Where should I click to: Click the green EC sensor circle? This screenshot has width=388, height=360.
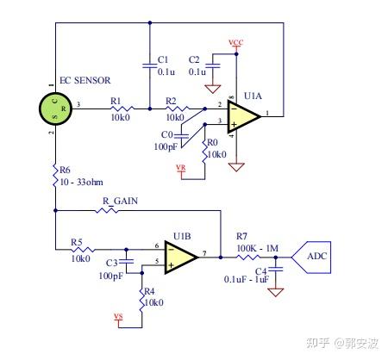point(53,109)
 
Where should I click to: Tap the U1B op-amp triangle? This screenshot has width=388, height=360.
point(181,256)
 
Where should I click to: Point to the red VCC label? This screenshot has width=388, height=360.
point(235,42)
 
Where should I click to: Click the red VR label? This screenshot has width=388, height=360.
point(180,167)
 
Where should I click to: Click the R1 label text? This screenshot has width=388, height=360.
point(116,99)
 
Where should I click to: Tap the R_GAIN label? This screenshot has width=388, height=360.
point(120,202)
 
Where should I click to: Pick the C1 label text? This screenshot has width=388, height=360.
point(163,59)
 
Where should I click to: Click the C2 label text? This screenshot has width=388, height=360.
point(193,59)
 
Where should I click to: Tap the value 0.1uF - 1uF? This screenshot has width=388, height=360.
point(248,279)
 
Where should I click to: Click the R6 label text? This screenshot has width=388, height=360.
point(66,171)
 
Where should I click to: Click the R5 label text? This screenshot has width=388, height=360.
point(77,243)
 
